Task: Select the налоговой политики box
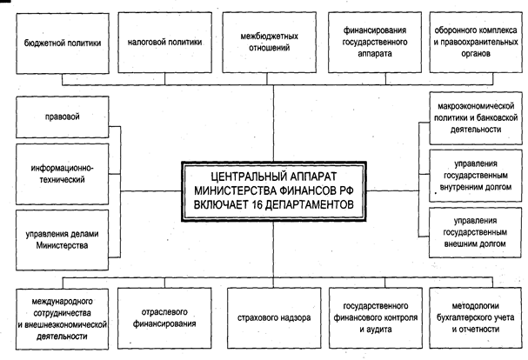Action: click(x=164, y=41)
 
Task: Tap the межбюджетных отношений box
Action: click(x=269, y=41)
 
